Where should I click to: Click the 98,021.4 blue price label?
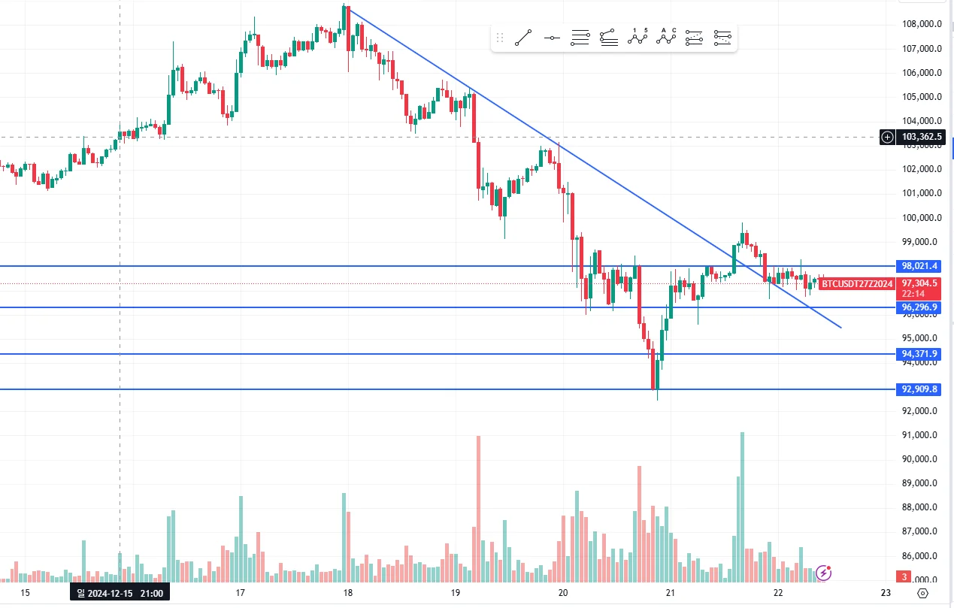coord(919,266)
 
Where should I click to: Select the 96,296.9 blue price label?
coord(919,307)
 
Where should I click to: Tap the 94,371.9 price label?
coord(919,354)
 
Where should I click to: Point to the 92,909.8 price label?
coord(919,389)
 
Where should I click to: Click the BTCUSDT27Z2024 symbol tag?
coord(857,284)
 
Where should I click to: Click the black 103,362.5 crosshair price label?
coord(922,137)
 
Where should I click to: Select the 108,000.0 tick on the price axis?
coord(922,24)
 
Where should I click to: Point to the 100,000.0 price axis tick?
coord(922,218)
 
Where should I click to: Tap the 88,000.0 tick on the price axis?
coord(922,507)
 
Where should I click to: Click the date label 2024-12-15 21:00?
coord(120,593)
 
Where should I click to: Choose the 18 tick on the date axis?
coord(347,593)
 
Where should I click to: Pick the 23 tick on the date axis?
coord(885,593)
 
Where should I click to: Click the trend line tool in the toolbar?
coord(523,37)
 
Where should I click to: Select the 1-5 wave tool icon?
coord(638,37)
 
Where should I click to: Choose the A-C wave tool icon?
coord(666,37)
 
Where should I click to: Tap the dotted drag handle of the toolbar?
coord(500,37)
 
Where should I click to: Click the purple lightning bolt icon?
coord(824,573)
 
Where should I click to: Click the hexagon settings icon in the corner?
coord(922,593)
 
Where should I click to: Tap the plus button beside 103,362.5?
coord(888,137)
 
